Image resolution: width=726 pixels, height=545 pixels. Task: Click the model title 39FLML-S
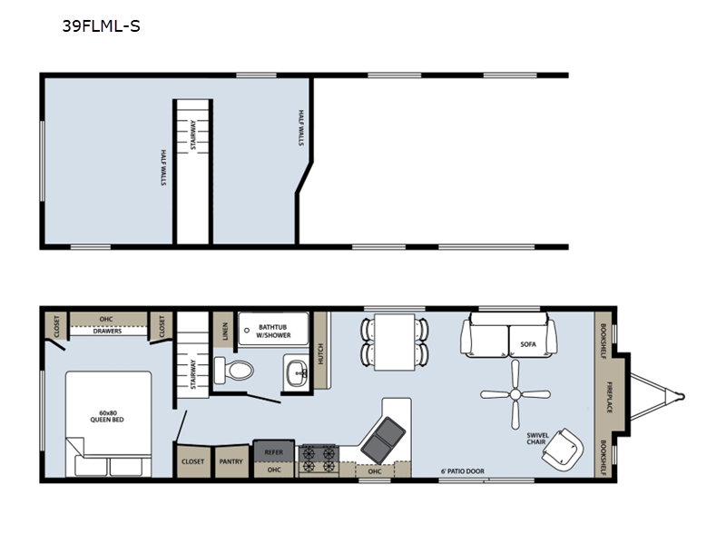pyautogui.click(x=101, y=26)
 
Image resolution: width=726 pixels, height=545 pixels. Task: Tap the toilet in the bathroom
pyautogui.click(x=234, y=371)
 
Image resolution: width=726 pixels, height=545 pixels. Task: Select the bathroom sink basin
pyautogui.click(x=297, y=372)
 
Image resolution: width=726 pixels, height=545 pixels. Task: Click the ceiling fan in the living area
pyautogui.click(x=515, y=394)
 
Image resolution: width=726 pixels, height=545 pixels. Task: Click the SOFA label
pyautogui.click(x=528, y=344)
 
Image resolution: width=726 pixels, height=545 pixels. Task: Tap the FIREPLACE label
pyautogui.click(x=610, y=397)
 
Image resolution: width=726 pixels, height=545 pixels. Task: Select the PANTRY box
pyautogui.click(x=231, y=461)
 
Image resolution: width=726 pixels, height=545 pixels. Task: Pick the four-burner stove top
pyautogui.click(x=319, y=460)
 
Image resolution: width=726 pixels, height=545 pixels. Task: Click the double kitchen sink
pyautogui.click(x=383, y=440)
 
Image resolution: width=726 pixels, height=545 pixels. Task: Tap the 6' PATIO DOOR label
pyautogui.click(x=463, y=471)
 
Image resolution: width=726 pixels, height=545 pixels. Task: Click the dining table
pyautogui.click(x=395, y=342)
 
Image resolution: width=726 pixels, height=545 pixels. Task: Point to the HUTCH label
pyautogui.click(x=320, y=353)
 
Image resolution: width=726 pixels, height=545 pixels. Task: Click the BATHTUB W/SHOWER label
pyautogui.click(x=273, y=332)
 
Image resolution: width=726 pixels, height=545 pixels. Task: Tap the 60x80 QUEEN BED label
pyautogui.click(x=107, y=416)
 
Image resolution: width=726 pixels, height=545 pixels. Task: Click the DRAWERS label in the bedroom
pyautogui.click(x=107, y=332)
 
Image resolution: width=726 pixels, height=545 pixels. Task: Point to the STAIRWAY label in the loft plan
pyautogui.click(x=193, y=134)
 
